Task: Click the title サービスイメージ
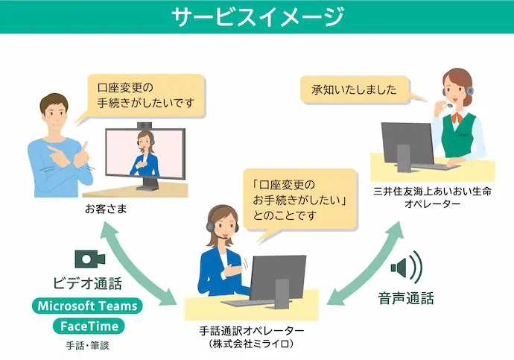point(257,16)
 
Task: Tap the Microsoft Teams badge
point(88,306)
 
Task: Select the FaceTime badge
point(88,326)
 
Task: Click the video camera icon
point(89,259)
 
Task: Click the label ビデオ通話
point(87,284)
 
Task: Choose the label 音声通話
point(406,298)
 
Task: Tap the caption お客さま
point(106,209)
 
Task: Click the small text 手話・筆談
point(87,346)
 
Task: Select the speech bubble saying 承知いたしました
point(354,90)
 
